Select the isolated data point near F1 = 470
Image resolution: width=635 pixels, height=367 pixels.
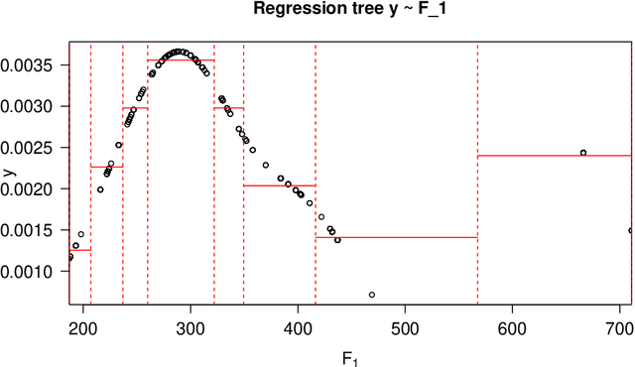click(371, 295)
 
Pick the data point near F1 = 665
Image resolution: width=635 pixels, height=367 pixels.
click(583, 153)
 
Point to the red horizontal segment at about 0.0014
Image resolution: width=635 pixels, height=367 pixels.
click(397, 238)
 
